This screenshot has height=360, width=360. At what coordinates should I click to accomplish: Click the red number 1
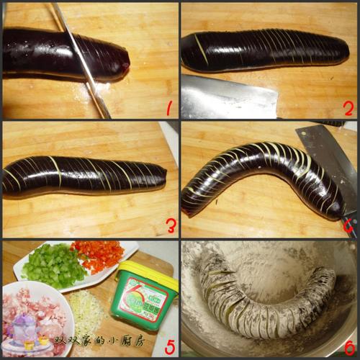coord(169,109)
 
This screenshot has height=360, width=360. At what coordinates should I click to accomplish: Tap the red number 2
coord(348,109)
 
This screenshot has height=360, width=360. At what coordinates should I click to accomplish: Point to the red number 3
coord(171,227)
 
